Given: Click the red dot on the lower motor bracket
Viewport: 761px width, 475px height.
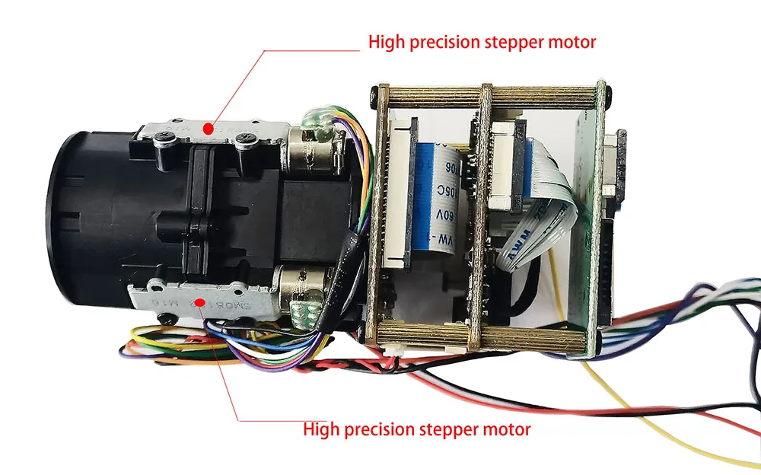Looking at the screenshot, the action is [x=199, y=303].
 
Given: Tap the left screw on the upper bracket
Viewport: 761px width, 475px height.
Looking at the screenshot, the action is [x=164, y=138].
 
